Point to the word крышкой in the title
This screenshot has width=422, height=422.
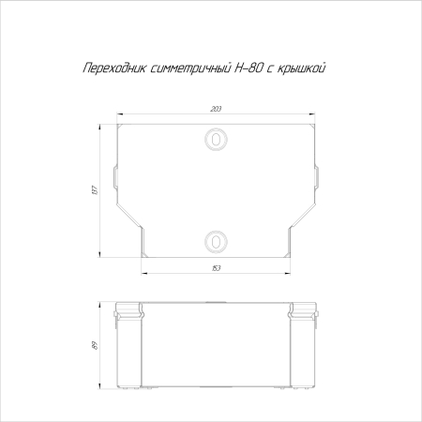coord(304,70)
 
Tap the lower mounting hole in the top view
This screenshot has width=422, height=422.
coord(216,241)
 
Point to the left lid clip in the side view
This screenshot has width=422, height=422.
coord(130,313)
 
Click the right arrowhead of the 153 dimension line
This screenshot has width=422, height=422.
coord(287,275)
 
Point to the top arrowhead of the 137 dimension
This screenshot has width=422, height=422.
coord(103,125)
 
